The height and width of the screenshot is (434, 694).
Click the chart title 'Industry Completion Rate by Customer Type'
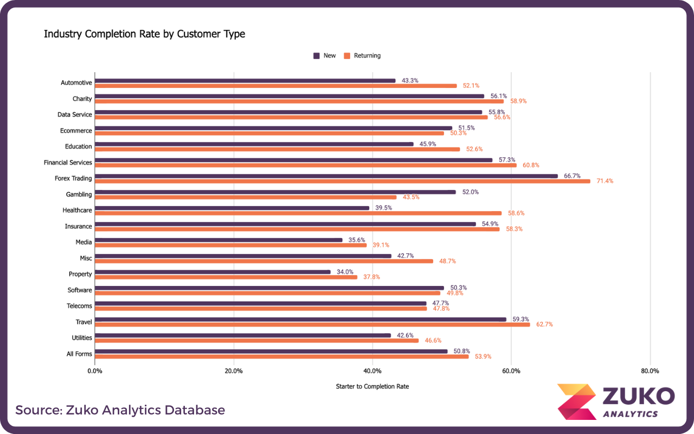coord(144,34)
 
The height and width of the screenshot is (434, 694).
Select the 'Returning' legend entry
coord(367,55)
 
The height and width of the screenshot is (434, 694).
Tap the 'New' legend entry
coord(329,55)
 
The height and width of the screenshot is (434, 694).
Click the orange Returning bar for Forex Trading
coord(343,181)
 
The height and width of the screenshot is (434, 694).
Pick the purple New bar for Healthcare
coord(232,208)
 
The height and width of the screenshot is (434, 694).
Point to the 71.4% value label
coord(605,181)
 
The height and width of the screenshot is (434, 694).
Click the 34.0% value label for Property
coord(345,272)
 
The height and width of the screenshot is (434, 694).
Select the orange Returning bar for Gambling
coord(246,197)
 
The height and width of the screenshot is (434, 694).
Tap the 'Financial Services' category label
coord(68,162)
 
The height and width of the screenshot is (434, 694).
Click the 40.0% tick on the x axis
coord(372,371)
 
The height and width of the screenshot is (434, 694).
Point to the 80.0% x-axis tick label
coord(650,371)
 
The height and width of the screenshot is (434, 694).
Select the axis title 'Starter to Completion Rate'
coord(372,386)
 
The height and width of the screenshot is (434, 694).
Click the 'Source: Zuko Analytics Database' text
coord(120,410)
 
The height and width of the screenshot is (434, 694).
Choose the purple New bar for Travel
coord(300,319)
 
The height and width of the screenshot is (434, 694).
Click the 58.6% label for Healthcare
coord(516,213)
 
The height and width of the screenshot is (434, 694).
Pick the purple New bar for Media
coord(219,240)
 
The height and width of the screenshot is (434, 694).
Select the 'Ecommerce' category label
coord(76,131)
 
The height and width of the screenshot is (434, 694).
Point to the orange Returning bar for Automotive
coord(275,86)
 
